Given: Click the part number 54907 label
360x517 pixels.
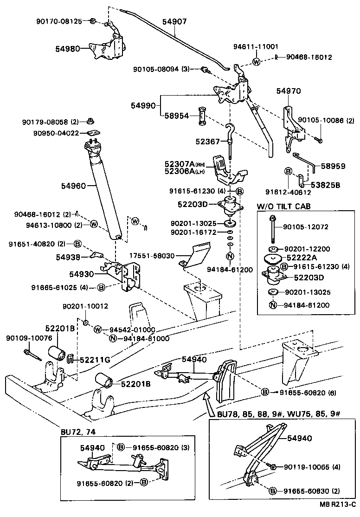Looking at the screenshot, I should click(x=175, y=21).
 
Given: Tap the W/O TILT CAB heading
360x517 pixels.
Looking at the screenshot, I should click(x=283, y=206).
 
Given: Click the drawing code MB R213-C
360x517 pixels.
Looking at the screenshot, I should click(x=337, y=510).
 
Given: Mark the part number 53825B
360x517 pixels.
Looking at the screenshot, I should click(x=325, y=185).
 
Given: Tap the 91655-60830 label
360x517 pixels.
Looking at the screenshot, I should click(x=306, y=491).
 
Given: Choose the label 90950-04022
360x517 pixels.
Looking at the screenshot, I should click(x=56, y=134).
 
